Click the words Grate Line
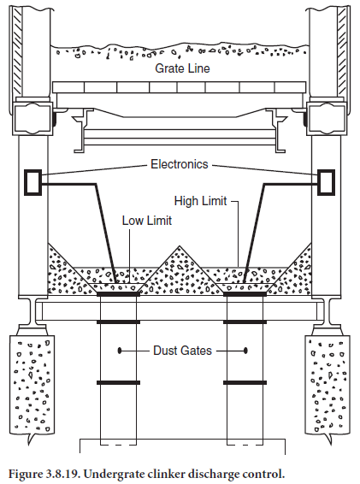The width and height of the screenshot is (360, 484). click(182, 68)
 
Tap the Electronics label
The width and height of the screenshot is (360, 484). click(180, 164)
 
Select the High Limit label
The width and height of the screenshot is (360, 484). click(200, 201)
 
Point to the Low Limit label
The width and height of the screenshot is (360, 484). click(147, 221)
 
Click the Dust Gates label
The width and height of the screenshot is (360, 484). click(182, 351)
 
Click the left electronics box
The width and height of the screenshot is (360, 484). click(33, 182)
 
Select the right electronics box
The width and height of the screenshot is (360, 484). click(327, 182)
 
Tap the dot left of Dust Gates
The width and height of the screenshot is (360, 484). click(120, 351)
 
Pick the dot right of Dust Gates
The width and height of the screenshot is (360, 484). click(245, 351)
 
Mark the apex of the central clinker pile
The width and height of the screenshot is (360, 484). click(180, 246)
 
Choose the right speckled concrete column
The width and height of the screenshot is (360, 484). click(328, 386)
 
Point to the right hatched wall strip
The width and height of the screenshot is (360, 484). click(342, 51)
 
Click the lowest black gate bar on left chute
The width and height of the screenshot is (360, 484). click(118, 383)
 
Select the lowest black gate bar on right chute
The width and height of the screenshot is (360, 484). click(245, 383)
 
